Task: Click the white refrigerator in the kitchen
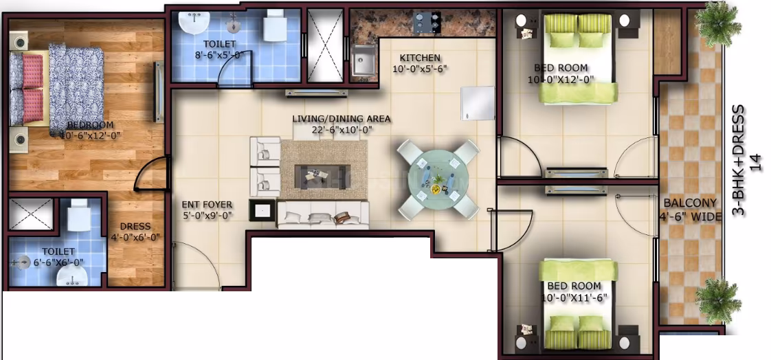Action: [478, 103]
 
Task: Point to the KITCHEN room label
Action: [419, 58]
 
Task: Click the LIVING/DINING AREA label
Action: [342, 119]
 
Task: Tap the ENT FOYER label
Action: [207, 205]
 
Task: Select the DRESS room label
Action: [135, 227]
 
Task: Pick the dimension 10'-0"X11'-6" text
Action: [574, 297]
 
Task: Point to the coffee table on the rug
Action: [322, 176]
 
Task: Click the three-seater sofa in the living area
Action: [322, 214]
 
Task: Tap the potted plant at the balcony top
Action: [718, 23]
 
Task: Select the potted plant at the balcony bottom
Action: [718, 300]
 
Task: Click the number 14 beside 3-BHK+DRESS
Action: [757, 162]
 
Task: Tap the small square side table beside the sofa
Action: [262, 212]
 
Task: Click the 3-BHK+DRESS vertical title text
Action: [739, 161]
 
